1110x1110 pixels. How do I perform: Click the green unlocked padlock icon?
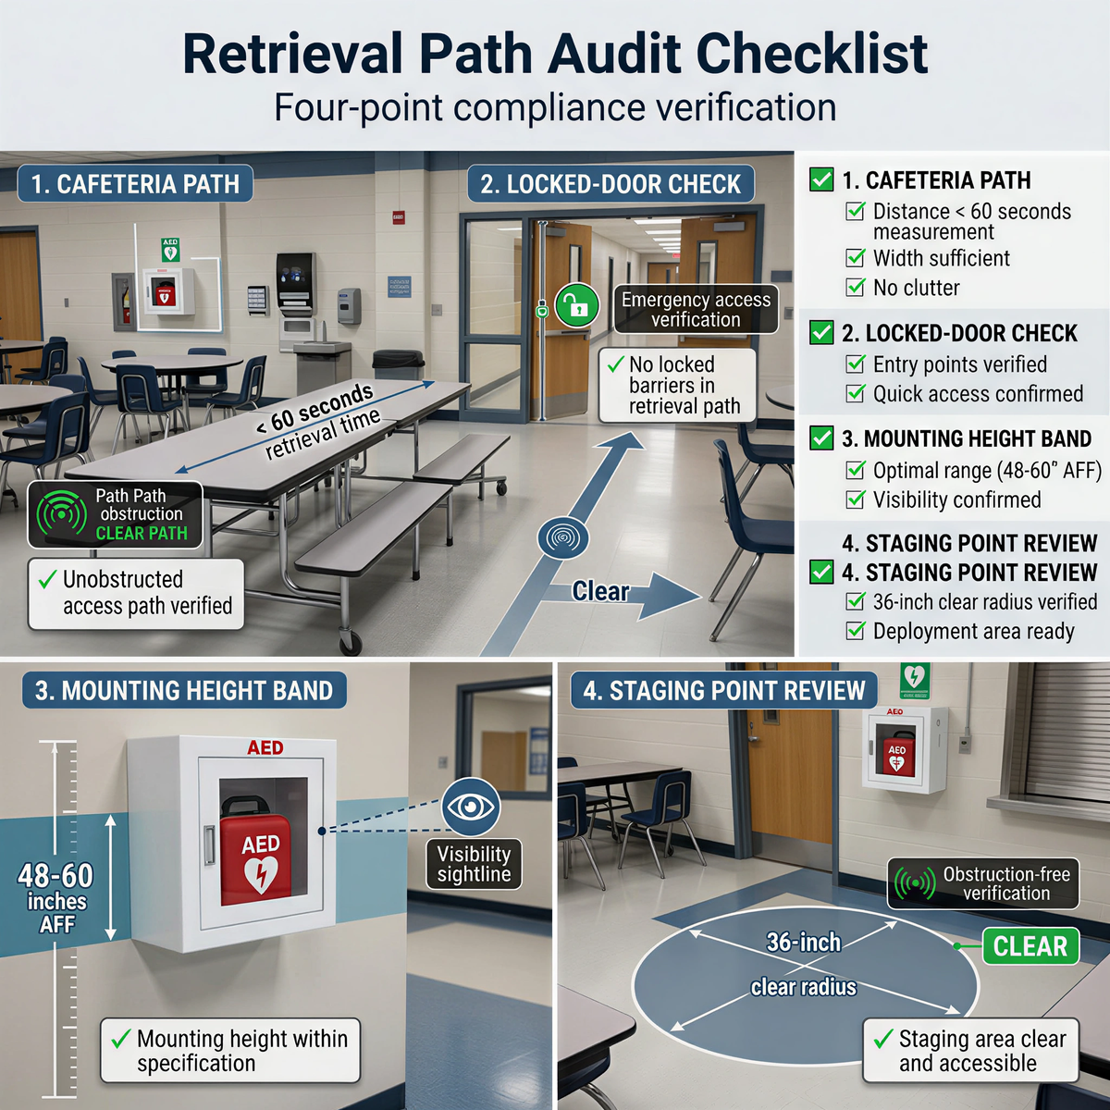coord(577,305)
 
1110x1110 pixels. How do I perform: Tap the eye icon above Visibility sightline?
coord(471,807)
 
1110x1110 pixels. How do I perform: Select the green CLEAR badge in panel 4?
coord(1030,946)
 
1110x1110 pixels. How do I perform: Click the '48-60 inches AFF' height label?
coord(56,898)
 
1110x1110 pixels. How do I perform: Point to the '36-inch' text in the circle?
coord(803,943)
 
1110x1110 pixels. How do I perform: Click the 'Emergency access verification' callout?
coord(696,310)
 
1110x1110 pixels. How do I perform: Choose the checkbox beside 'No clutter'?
coord(856,288)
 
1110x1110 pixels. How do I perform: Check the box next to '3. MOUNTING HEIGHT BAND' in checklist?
coord(821,438)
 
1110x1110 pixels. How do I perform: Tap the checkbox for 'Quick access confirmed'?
coord(856,394)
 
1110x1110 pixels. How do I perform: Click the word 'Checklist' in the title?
coord(811,54)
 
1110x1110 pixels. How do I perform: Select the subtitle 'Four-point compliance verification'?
coord(555,107)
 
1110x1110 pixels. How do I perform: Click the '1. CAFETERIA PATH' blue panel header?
coord(135,184)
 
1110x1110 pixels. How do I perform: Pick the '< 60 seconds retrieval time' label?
coord(317,421)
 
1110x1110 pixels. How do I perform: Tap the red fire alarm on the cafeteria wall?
coord(398,218)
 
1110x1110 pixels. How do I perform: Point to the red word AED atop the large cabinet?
coord(265,747)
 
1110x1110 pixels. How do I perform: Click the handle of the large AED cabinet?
coord(210,846)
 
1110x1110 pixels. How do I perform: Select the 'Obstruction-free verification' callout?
coord(984,883)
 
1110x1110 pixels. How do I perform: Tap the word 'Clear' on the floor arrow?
coord(600,591)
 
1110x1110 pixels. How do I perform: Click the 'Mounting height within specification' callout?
coord(230,1051)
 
